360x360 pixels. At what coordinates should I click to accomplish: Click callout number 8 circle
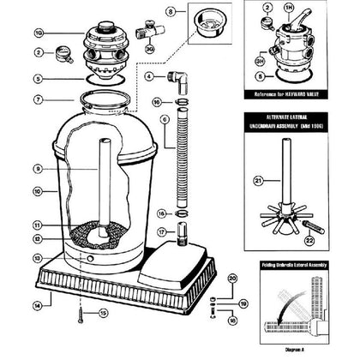171,11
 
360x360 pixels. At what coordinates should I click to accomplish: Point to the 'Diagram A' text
289,349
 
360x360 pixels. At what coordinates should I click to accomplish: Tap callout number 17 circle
162,232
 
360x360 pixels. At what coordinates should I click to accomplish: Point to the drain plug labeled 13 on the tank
86,257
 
